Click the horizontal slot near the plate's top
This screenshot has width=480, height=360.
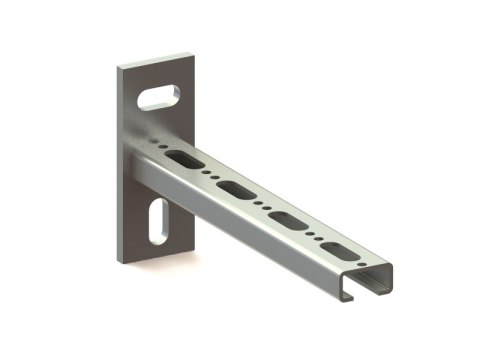tap(159, 96)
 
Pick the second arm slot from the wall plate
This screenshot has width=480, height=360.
tap(238, 188)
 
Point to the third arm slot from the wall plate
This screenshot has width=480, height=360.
tap(287, 218)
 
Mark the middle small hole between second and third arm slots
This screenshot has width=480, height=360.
tap(263, 203)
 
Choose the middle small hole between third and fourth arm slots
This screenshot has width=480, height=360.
tap(313, 234)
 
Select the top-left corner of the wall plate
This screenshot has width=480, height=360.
tap(117, 68)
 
